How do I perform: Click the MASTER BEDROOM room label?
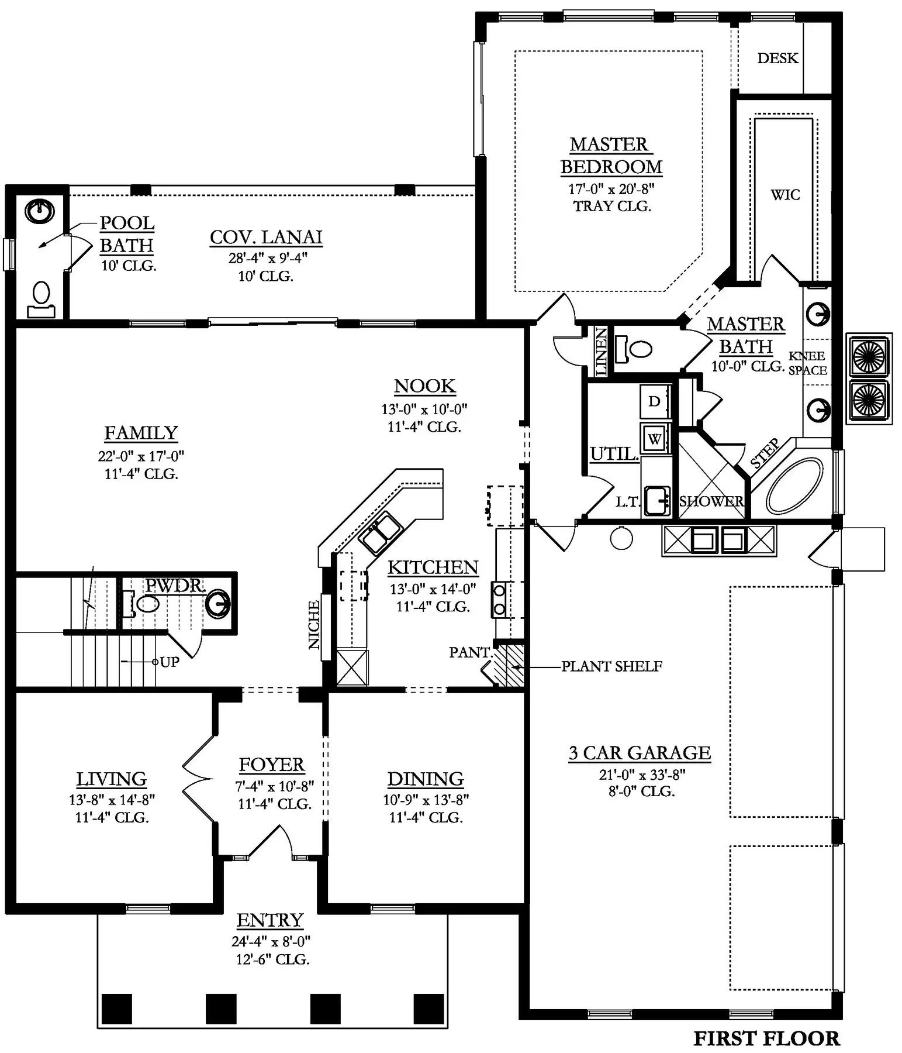[611, 156]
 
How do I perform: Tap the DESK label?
[777, 58]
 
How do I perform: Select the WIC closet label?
[785, 195]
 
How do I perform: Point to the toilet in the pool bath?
[41, 298]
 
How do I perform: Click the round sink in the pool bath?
[40, 211]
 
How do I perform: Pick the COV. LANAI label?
[266, 237]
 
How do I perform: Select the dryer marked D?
[655, 401]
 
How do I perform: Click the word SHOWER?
[711, 501]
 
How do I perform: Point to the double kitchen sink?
[381, 532]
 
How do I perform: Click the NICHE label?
[314, 625]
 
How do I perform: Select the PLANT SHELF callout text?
[611, 666]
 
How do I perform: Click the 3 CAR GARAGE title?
[640, 753]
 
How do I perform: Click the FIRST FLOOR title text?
[766, 1038]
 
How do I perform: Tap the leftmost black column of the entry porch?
[117, 1009]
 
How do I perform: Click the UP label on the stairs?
[170, 662]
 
